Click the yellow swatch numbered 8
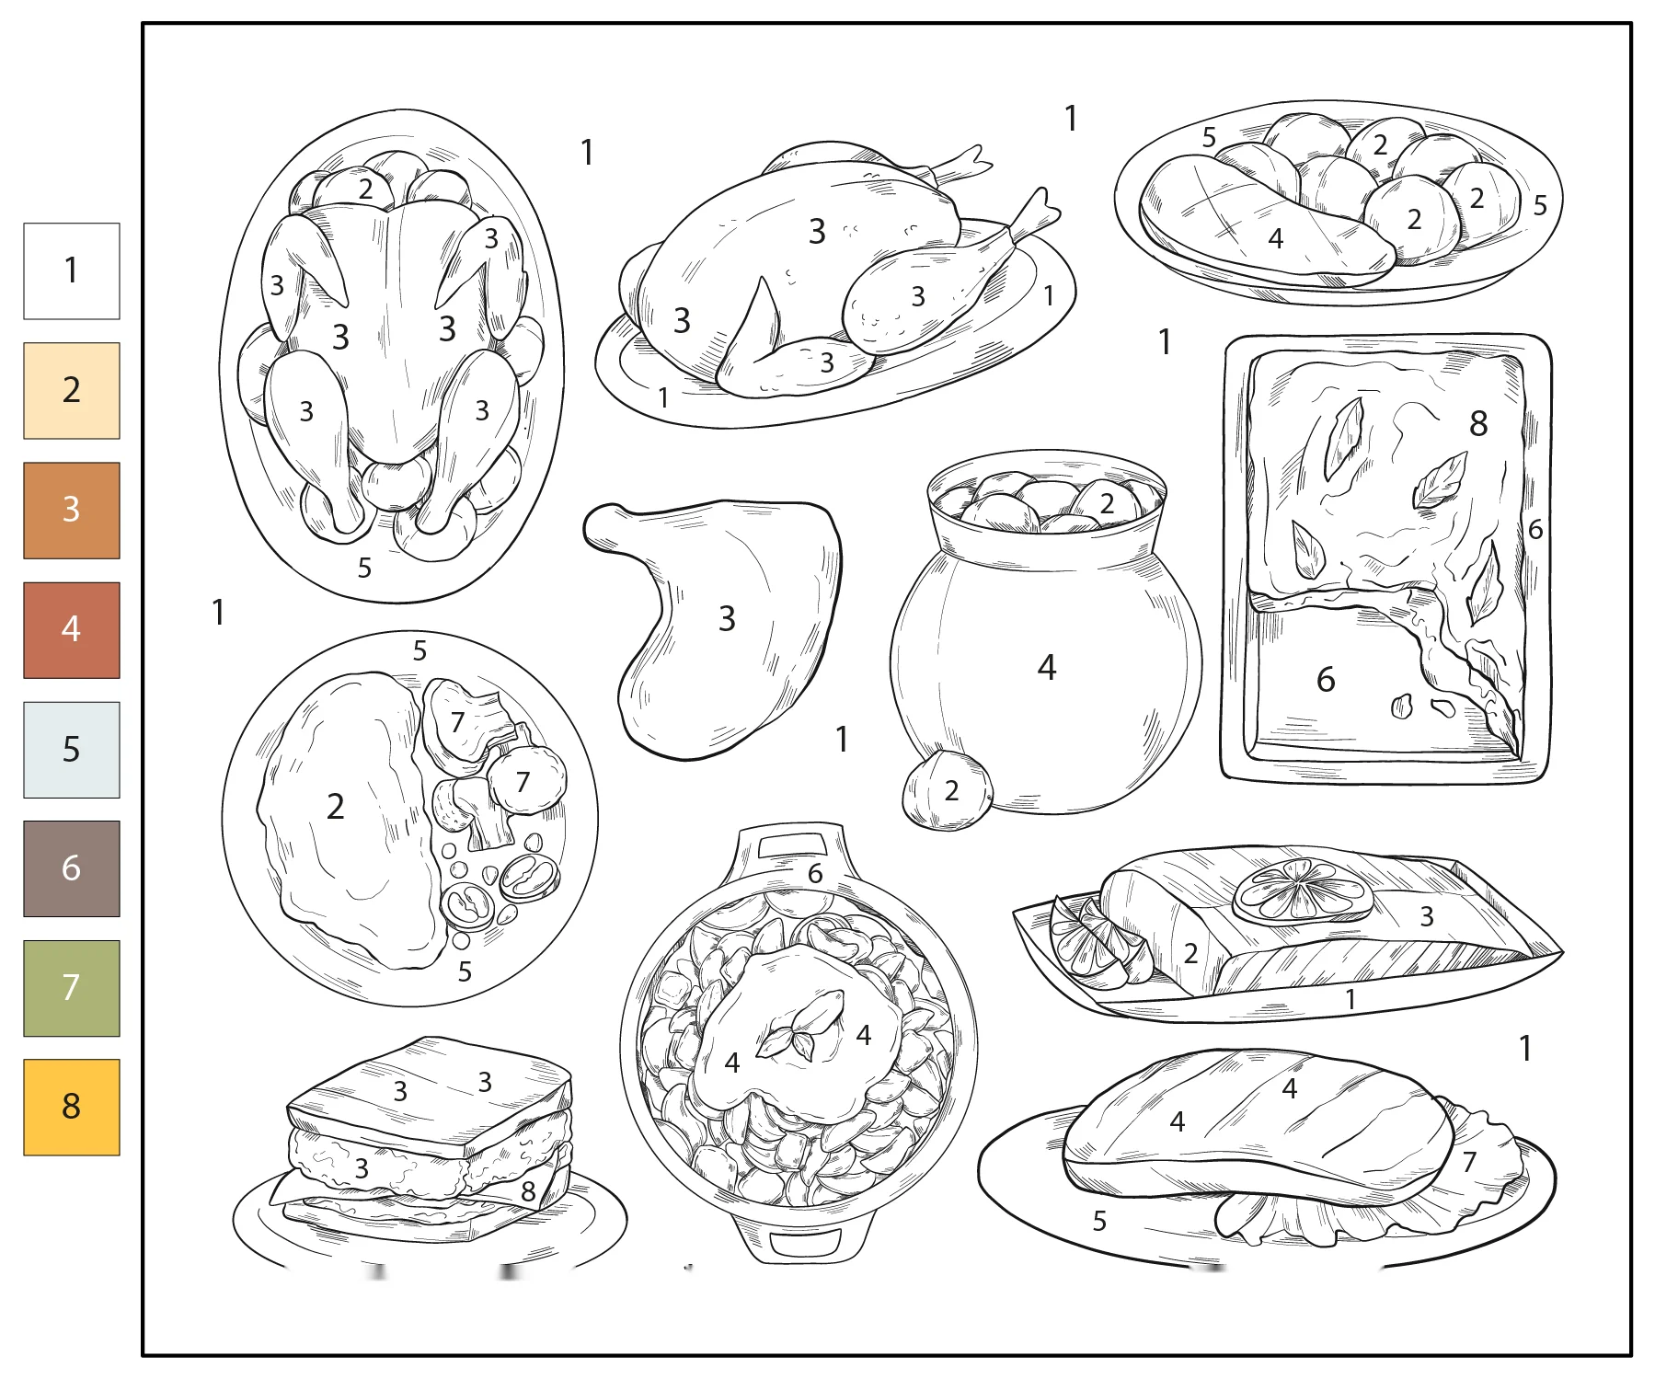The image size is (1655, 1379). pyautogui.click(x=72, y=1107)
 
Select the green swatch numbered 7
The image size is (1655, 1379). pyautogui.click(x=72, y=988)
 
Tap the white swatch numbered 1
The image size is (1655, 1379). pyautogui.click(x=72, y=270)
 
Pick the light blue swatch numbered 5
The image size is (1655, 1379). pyautogui.click(x=72, y=749)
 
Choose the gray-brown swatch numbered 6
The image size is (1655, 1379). pyautogui.click(x=72, y=868)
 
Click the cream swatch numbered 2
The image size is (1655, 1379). pyautogui.click(x=72, y=390)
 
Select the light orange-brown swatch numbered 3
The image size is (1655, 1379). pyautogui.click(x=72, y=510)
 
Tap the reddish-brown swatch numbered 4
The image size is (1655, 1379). pyautogui.click(x=72, y=629)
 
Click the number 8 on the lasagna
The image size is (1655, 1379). pyautogui.click(x=1478, y=424)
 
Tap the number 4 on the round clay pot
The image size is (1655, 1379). pyautogui.click(x=1047, y=667)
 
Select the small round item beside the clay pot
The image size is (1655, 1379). pyautogui.click(x=948, y=790)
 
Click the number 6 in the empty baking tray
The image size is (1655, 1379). pyautogui.click(x=1326, y=680)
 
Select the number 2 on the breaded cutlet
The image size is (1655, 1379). pyautogui.click(x=336, y=807)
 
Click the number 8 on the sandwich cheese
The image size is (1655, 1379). pyautogui.click(x=528, y=1191)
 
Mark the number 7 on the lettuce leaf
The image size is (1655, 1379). pyautogui.click(x=1469, y=1162)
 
